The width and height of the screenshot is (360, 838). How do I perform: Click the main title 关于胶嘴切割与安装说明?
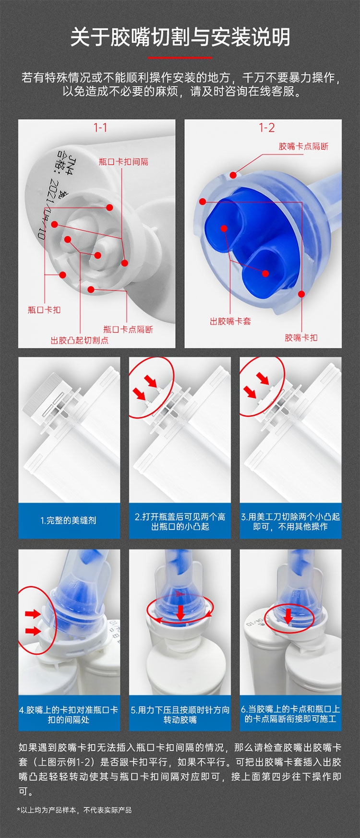(180, 37)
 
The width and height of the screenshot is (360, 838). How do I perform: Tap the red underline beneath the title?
(180, 58)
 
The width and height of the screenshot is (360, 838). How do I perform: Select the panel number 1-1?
(100, 128)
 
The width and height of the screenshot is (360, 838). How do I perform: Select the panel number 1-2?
(266, 128)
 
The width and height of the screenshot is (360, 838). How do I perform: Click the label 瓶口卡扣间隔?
(123, 162)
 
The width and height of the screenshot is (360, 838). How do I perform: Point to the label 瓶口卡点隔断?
(128, 329)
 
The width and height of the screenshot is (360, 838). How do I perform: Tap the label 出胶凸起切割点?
(80, 340)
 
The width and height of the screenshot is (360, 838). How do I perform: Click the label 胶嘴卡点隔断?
(303, 146)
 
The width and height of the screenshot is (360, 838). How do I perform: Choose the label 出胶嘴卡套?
(230, 321)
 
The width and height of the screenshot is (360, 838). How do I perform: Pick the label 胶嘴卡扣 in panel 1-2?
(301, 337)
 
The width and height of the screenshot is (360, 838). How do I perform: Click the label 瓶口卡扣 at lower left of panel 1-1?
(44, 310)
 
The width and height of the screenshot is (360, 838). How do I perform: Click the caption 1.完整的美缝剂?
(68, 520)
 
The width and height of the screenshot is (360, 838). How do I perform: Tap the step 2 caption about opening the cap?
(180, 521)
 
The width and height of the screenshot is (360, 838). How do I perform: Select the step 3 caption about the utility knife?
(290, 521)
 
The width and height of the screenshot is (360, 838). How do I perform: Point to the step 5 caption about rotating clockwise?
(180, 715)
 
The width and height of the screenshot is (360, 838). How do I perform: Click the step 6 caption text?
(290, 714)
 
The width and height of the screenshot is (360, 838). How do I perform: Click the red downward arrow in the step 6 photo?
(288, 616)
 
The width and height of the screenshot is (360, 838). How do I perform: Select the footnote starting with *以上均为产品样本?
(74, 810)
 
